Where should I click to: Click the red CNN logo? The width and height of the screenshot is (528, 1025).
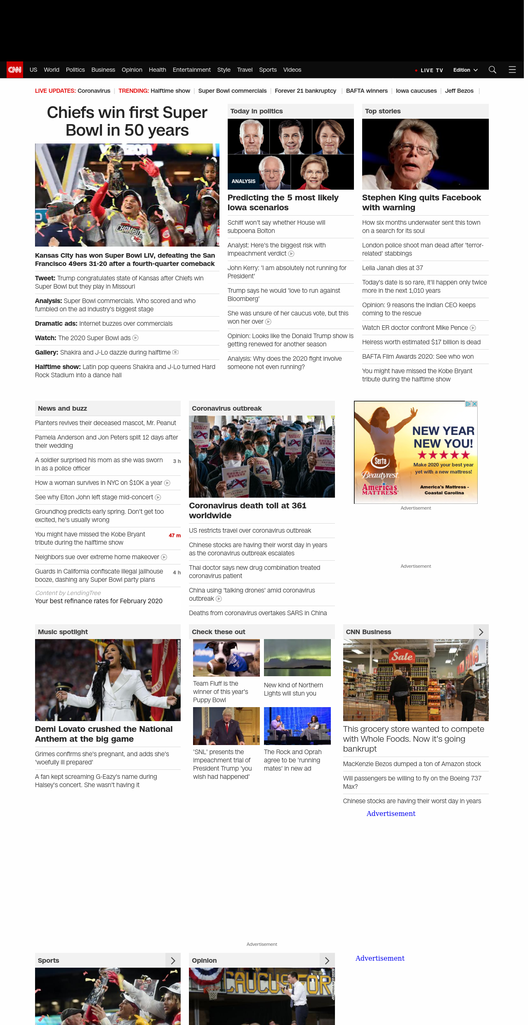coord(15,70)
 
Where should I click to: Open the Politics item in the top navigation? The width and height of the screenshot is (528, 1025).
coord(75,70)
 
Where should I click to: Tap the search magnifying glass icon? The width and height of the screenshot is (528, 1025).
coord(492,70)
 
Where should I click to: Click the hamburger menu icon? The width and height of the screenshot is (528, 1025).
coord(512,70)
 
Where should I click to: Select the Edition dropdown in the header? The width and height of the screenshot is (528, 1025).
coord(465,70)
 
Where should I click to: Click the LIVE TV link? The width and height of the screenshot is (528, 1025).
coord(431,70)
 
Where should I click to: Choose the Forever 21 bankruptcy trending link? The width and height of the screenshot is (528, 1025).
coord(305,91)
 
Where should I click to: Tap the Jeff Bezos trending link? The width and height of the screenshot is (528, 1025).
coord(459,91)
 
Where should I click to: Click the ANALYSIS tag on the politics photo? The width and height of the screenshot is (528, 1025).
coord(243,181)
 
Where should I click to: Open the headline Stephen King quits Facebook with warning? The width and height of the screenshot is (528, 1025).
coord(422,202)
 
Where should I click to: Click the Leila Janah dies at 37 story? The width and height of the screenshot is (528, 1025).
coord(392,268)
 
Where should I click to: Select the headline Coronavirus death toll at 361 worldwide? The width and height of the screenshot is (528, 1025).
coord(247,510)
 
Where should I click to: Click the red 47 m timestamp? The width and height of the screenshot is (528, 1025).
coord(174,536)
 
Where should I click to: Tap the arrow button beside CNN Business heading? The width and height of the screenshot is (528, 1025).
coord(481,632)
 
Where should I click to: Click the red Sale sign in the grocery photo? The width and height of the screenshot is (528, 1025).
coord(402,656)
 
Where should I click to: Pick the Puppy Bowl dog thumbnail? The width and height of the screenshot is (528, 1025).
coord(226,658)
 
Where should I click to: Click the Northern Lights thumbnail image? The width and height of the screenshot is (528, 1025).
coord(297,658)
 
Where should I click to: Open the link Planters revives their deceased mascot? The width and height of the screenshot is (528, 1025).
coord(106,423)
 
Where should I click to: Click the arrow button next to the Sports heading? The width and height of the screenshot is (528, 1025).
coord(173,961)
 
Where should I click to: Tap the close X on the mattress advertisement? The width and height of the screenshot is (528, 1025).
coord(474,404)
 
